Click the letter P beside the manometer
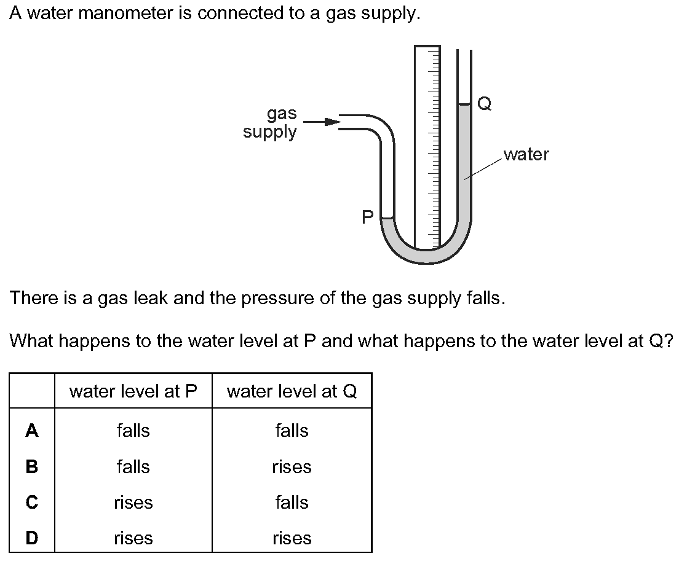[367, 217]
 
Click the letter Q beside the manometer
[484, 104]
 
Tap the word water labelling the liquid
[526, 154]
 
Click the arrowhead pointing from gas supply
[333, 122]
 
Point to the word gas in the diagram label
[282, 114]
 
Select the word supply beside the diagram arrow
[270, 132]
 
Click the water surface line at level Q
[464, 104]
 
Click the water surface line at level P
[387, 217]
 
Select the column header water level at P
[133, 391]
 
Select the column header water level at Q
[292, 391]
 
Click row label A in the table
[31, 430]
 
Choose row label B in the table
[31, 466]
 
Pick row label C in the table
[31, 502]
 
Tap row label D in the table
[31, 538]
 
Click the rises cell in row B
[292, 467]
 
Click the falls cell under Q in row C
[292, 502]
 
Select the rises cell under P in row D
[133, 538]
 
